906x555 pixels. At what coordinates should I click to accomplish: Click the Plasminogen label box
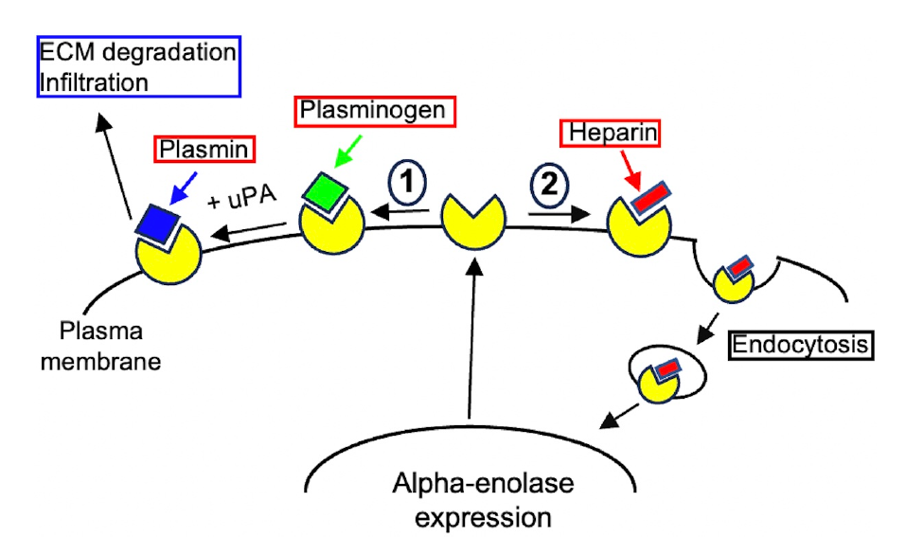pyautogui.click(x=371, y=111)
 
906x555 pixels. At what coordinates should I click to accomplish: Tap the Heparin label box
pyautogui.click(x=611, y=132)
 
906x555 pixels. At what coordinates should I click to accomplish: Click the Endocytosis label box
pyautogui.click(x=799, y=344)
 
